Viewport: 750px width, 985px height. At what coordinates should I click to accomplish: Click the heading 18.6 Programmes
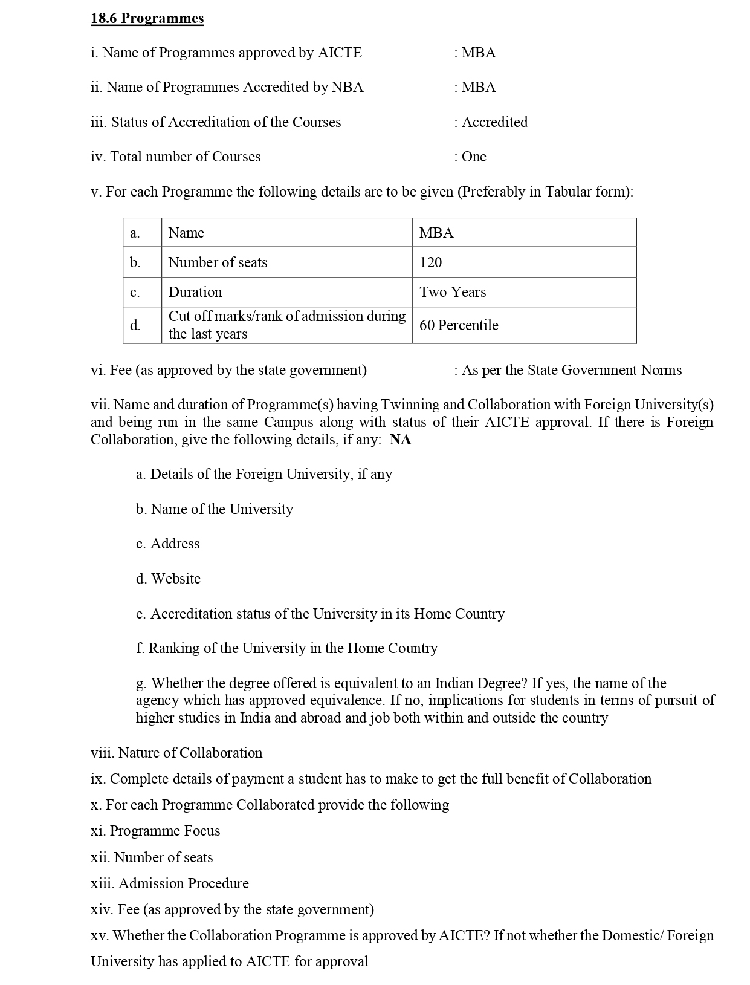pyautogui.click(x=147, y=18)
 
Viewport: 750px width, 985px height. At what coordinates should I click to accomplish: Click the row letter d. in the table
pyautogui.click(x=135, y=325)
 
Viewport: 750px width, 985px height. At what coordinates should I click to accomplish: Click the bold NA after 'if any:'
pyautogui.click(x=401, y=440)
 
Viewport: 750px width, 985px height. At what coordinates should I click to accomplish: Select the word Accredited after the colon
pyautogui.click(x=494, y=122)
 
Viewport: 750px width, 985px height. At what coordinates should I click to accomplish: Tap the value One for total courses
pyautogui.click(x=474, y=157)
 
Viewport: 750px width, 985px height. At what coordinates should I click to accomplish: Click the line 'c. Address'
pyautogui.click(x=167, y=544)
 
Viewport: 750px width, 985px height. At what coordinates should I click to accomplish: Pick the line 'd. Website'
pyautogui.click(x=168, y=579)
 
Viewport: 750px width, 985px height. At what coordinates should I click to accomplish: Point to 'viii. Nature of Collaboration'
pyautogui.click(x=176, y=753)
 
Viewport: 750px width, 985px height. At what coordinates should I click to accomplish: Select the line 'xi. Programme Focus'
pyautogui.click(x=155, y=831)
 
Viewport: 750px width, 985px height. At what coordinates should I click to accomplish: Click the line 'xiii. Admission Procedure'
pyautogui.click(x=170, y=883)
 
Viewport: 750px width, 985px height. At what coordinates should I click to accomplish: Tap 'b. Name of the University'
pyautogui.click(x=215, y=509)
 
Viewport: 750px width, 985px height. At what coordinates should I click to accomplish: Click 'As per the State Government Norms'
pyautogui.click(x=571, y=370)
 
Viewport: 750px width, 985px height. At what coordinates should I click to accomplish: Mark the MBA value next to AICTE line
pyautogui.click(x=478, y=53)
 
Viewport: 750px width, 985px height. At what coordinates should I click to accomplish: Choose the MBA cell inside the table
pyautogui.click(x=436, y=233)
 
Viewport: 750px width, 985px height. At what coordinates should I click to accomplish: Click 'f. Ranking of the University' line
pyautogui.click(x=286, y=648)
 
